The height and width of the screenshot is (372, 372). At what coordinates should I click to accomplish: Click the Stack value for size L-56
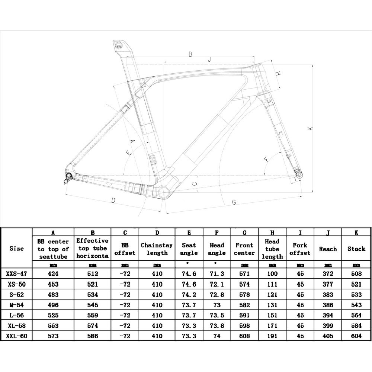[x=356, y=315]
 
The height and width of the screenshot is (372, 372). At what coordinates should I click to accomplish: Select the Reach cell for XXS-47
[x=328, y=274]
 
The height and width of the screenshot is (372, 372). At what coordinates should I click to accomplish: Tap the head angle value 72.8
[x=217, y=295]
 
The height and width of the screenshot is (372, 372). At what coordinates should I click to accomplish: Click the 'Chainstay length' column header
[x=157, y=249]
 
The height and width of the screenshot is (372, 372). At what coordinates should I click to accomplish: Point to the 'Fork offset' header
[x=300, y=249]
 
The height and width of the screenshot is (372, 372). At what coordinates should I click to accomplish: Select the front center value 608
[x=244, y=336]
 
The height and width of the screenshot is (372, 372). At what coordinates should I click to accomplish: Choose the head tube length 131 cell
[x=272, y=305]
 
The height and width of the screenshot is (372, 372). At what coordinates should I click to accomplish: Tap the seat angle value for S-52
[x=189, y=295]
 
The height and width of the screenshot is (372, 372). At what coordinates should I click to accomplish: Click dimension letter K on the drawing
[x=310, y=129]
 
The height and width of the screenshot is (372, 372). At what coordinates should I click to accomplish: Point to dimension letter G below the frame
[x=234, y=202]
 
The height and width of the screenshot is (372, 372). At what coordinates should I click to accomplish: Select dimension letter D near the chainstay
[x=113, y=201]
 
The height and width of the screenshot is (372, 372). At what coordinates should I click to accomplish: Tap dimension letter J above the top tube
[x=209, y=59]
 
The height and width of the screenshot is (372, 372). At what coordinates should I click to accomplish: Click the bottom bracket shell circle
[x=164, y=192]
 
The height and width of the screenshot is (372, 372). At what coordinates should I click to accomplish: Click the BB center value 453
[x=53, y=284]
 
